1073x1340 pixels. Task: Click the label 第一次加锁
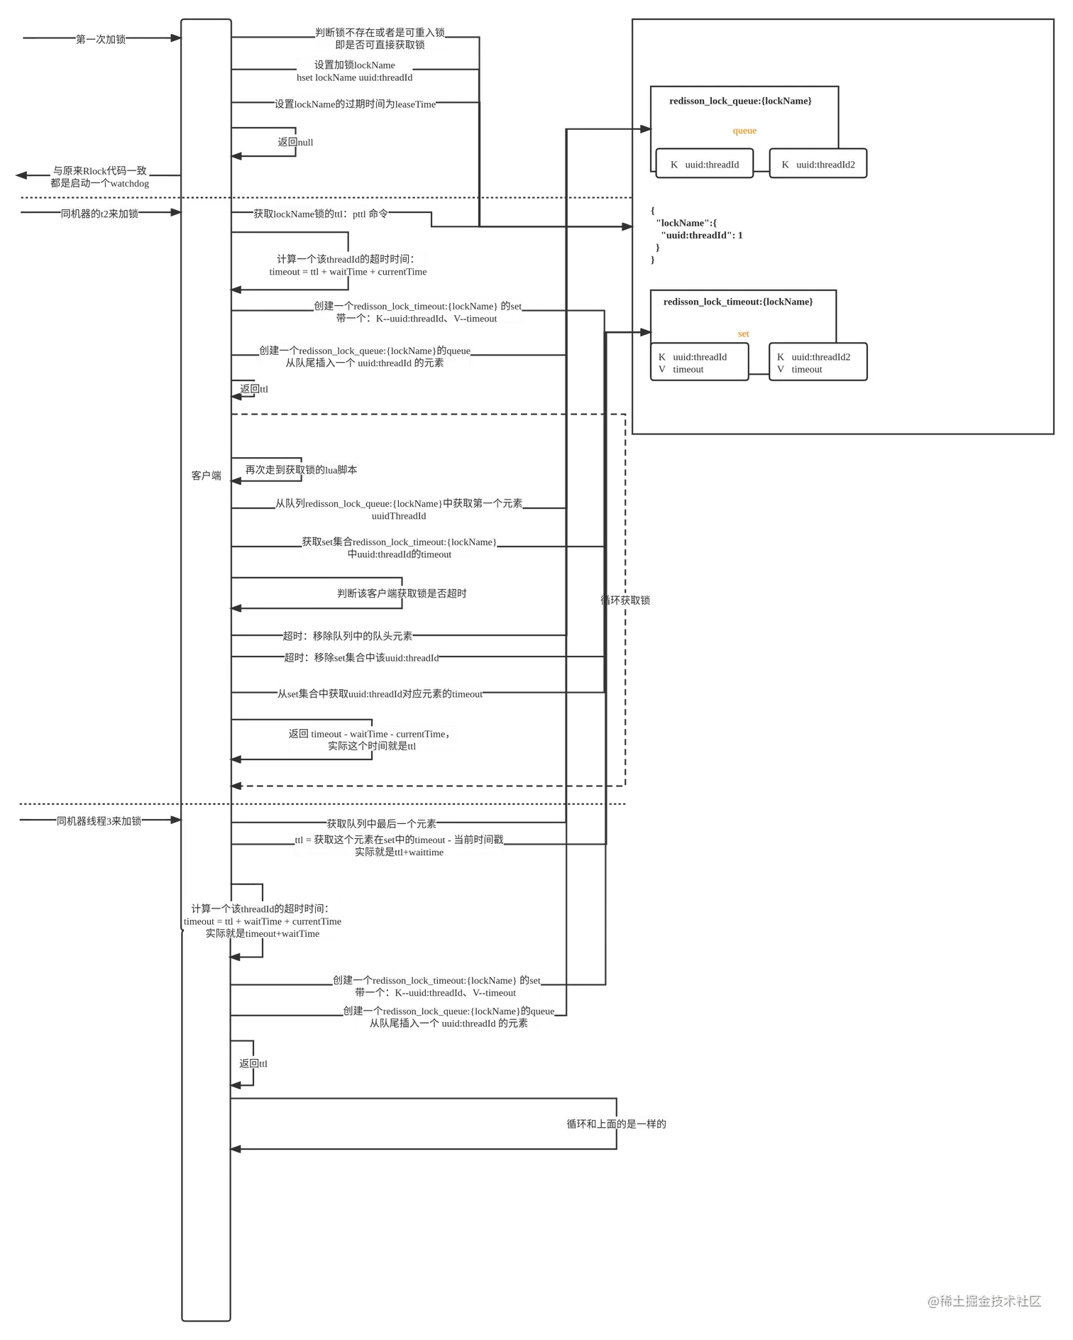101,40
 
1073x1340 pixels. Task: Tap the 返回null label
295,142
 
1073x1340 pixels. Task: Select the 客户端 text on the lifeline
207,476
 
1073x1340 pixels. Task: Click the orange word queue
744,131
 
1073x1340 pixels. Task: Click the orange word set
743,334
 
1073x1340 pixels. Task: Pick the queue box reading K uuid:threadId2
818,164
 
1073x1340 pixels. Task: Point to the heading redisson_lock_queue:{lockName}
740,101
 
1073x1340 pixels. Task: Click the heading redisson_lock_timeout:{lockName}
738,302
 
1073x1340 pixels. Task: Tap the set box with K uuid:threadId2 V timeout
818,363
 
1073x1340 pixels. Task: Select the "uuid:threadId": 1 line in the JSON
702,235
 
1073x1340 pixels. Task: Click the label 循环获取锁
625,600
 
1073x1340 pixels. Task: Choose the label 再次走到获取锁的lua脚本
301,470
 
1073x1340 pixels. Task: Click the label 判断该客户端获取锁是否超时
402,593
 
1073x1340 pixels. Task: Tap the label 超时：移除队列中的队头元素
347,636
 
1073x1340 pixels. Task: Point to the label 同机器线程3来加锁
100,821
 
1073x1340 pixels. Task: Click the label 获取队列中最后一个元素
382,823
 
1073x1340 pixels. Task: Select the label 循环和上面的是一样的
616,1124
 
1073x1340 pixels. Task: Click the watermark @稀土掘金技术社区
984,1300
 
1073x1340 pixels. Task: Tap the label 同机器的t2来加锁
100,214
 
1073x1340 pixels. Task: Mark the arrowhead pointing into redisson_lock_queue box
645,129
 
